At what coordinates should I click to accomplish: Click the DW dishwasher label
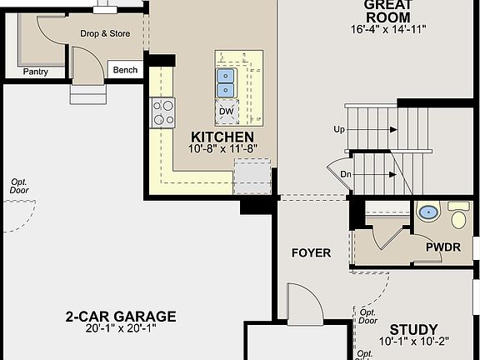[226, 111]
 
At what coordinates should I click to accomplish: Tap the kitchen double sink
[226, 81]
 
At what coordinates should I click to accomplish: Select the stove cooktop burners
[162, 112]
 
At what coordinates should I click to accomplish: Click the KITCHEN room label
[222, 137]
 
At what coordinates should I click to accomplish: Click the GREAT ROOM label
[387, 11]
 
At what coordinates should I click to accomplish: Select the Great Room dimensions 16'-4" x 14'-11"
[388, 29]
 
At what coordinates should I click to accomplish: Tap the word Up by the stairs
[339, 130]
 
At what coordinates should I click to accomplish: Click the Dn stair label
[346, 173]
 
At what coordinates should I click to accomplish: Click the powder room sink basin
[428, 212]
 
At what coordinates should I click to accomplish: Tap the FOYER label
[311, 252]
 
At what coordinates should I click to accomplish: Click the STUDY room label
[413, 330]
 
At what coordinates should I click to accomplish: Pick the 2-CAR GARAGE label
[122, 316]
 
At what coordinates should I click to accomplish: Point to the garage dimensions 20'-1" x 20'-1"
[122, 329]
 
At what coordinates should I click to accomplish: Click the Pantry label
[35, 72]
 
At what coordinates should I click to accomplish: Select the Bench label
[125, 70]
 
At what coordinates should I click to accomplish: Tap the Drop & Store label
[105, 34]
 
